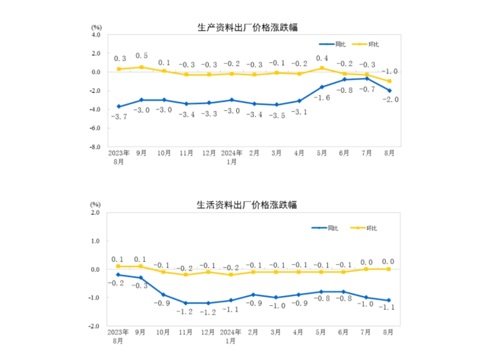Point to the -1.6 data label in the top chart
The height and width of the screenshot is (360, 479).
coord(322,98)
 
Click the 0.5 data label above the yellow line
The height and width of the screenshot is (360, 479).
coord(141,56)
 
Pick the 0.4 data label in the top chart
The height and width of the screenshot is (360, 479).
coord(322,58)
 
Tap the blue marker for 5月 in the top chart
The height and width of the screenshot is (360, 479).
coord(322,87)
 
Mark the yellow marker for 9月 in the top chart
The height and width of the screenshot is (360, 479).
coord(141,67)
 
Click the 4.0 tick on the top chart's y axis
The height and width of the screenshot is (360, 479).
coord(95,35)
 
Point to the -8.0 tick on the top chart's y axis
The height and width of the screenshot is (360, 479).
coord(94,147)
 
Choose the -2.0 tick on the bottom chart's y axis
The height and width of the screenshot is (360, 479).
coord(94,326)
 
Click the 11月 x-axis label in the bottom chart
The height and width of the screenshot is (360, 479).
coord(186,331)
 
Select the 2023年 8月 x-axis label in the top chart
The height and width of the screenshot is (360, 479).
coord(119,157)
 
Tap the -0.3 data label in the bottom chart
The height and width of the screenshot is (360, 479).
coord(141,285)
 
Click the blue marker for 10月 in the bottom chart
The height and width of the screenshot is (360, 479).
coord(164,295)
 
